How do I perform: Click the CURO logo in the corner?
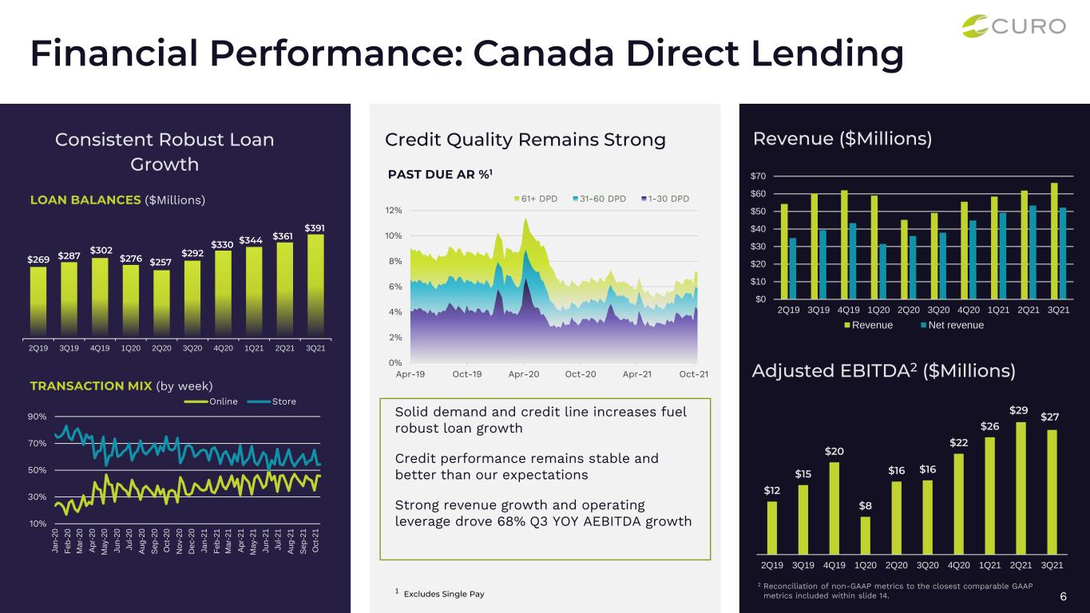[x=1013, y=26]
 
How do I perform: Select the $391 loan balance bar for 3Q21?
[x=315, y=286]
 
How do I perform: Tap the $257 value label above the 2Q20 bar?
[x=160, y=263]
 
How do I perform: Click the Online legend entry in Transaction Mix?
[x=211, y=401]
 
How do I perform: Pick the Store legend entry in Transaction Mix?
[x=272, y=401]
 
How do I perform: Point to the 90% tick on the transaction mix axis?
[x=37, y=417]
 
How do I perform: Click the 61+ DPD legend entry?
[x=536, y=199]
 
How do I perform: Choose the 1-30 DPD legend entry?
[x=665, y=199]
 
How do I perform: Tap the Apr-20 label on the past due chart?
[x=524, y=374]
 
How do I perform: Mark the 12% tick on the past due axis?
[x=393, y=210]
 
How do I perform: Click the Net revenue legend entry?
[x=953, y=325]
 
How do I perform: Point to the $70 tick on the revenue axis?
[x=758, y=176]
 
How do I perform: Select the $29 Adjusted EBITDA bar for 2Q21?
[x=1021, y=488]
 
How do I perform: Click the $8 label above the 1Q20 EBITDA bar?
[x=865, y=505]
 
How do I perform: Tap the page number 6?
[x=1063, y=596]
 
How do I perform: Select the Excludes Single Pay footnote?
[x=444, y=594]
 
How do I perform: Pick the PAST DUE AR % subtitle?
[x=440, y=174]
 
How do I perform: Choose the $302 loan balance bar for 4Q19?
[x=100, y=298]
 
